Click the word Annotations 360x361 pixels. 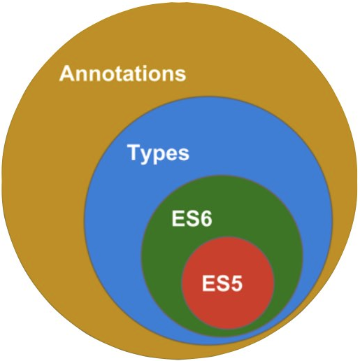pyautogui.click(x=122, y=73)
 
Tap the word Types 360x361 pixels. pyautogui.click(x=159, y=153)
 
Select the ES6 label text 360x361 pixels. pyautogui.click(x=192, y=218)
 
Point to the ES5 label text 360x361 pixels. pyautogui.click(x=222, y=283)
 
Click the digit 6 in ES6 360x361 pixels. pyautogui.click(x=206, y=218)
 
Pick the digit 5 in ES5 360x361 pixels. pyautogui.click(x=236, y=283)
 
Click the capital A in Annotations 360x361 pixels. pyautogui.click(x=68, y=73)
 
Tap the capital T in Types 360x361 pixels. pyautogui.click(x=134, y=152)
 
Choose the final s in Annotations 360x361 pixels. pyautogui.click(x=181, y=76)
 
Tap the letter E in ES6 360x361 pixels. pyautogui.click(x=178, y=218)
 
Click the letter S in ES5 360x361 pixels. pyautogui.click(x=223, y=283)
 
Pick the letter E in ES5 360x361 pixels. pyautogui.click(x=208, y=283)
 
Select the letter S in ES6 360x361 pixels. pyautogui.click(x=192, y=218)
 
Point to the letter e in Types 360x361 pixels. pyautogui.click(x=173, y=154)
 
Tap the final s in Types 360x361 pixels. pyautogui.click(x=185, y=154)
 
